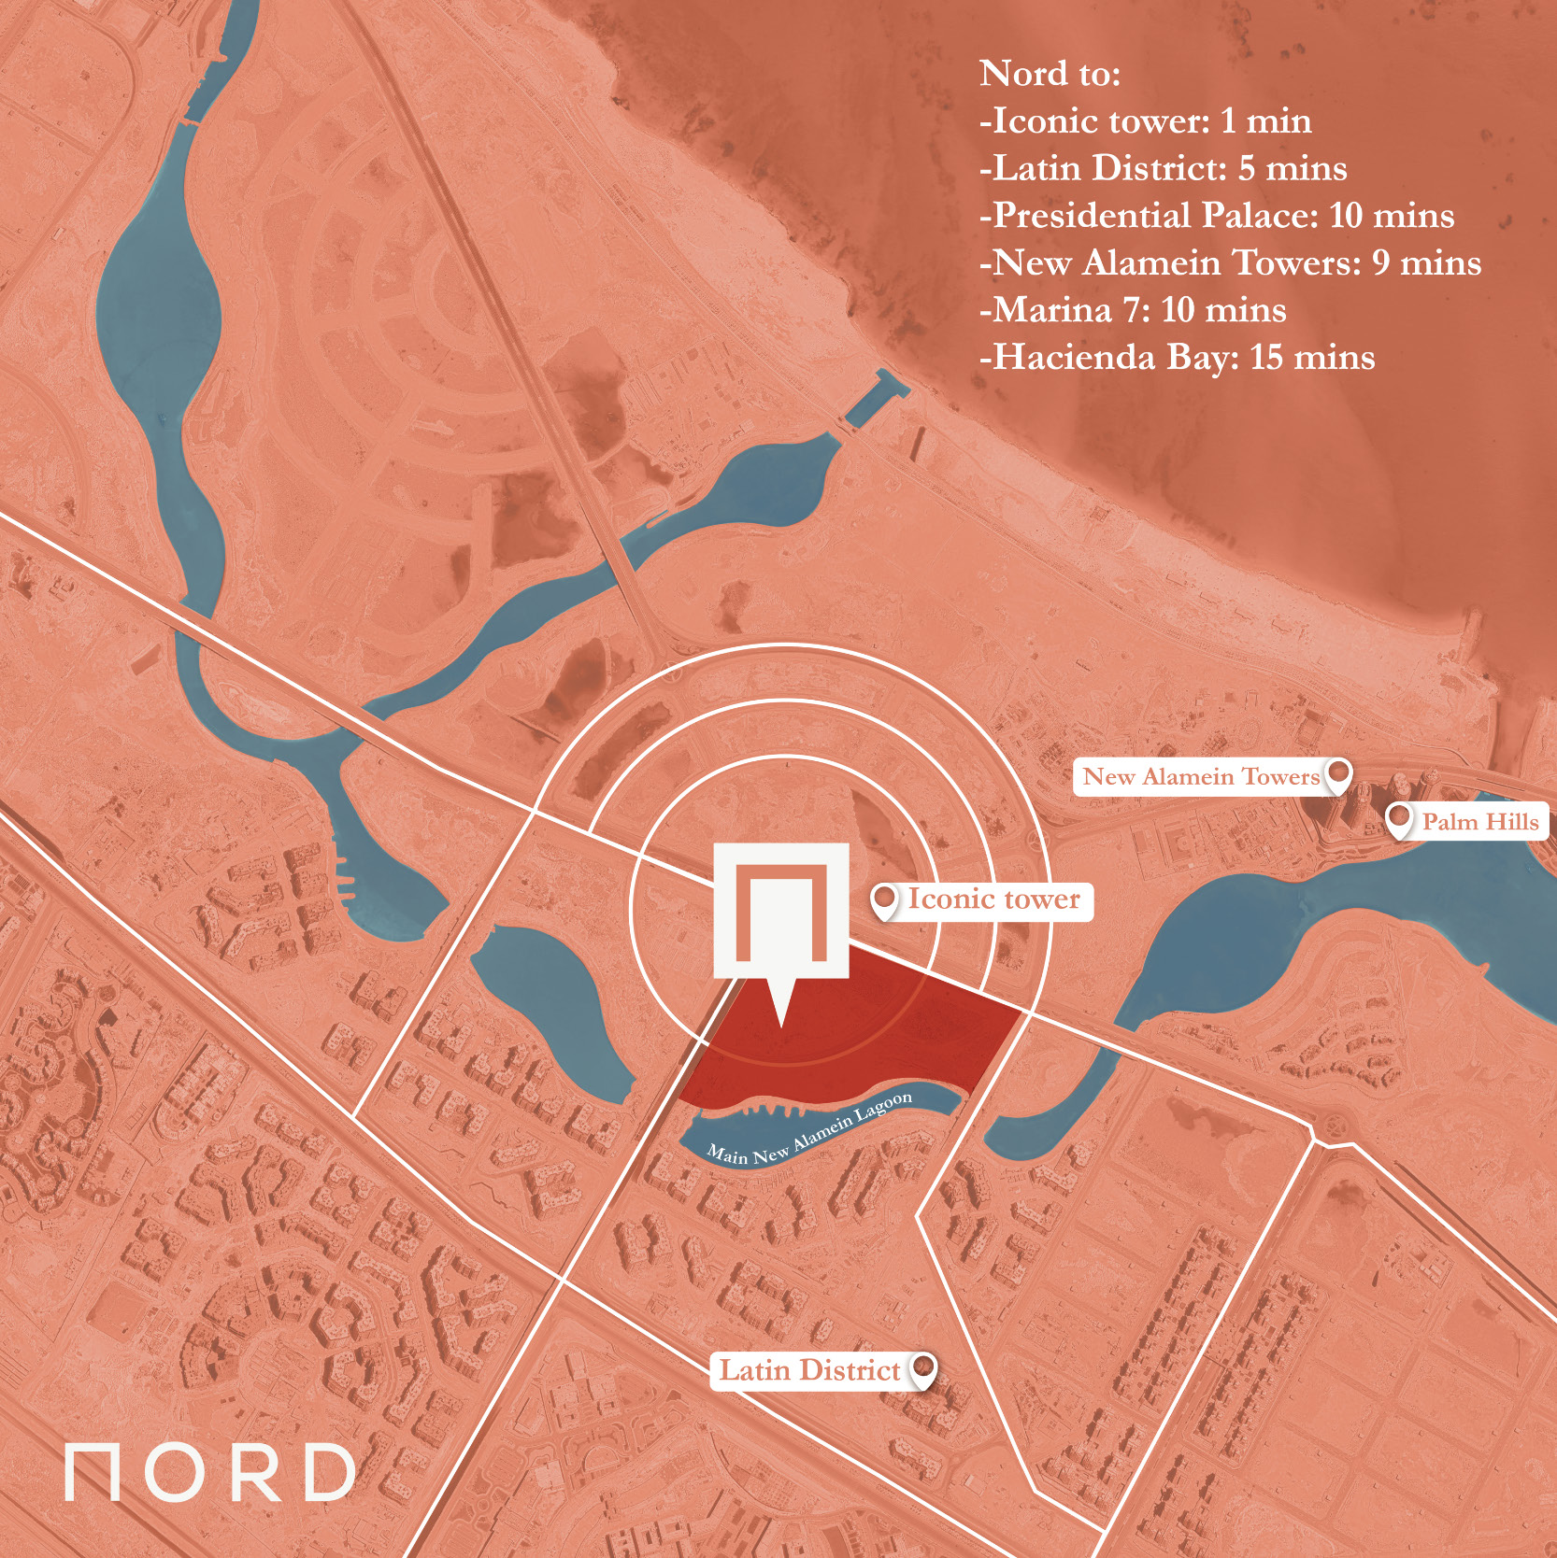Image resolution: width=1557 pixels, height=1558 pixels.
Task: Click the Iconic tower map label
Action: tap(993, 899)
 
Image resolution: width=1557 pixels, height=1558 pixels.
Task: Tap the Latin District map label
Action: tap(809, 1370)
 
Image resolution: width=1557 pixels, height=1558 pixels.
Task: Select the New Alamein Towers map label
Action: tap(1200, 776)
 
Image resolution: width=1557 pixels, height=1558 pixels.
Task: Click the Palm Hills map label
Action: tap(1479, 822)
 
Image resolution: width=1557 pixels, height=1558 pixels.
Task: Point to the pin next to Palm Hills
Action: tap(1398, 819)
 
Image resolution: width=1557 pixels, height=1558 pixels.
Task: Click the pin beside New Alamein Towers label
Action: tap(1340, 774)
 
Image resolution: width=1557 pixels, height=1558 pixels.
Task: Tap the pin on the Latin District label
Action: tap(923, 1368)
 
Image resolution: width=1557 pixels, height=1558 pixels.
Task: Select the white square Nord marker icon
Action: tap(781, 911)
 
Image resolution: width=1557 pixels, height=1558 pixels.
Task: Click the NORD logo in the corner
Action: tap(209, 1473)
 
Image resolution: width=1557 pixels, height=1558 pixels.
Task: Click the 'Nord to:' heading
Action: tap(1050, 74)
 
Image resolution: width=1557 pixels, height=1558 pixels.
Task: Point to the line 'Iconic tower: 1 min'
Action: tap(1146, 121)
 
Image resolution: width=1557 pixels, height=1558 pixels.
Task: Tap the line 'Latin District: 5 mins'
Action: tap(1164, 169)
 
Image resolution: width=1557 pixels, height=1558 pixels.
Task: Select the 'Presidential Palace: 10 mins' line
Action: tap(1217, 216)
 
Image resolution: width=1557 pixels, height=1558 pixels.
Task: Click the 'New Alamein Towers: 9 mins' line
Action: tap(1230, 263)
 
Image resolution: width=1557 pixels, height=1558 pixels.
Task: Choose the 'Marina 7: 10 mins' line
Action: tap(1133, 310)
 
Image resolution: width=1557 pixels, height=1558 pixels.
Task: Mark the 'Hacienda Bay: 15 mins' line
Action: tap(1178, 358)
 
